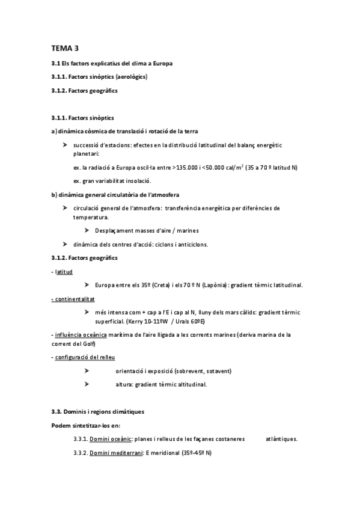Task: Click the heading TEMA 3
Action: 65,49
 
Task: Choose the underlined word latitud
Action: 64,272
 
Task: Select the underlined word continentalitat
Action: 74,298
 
